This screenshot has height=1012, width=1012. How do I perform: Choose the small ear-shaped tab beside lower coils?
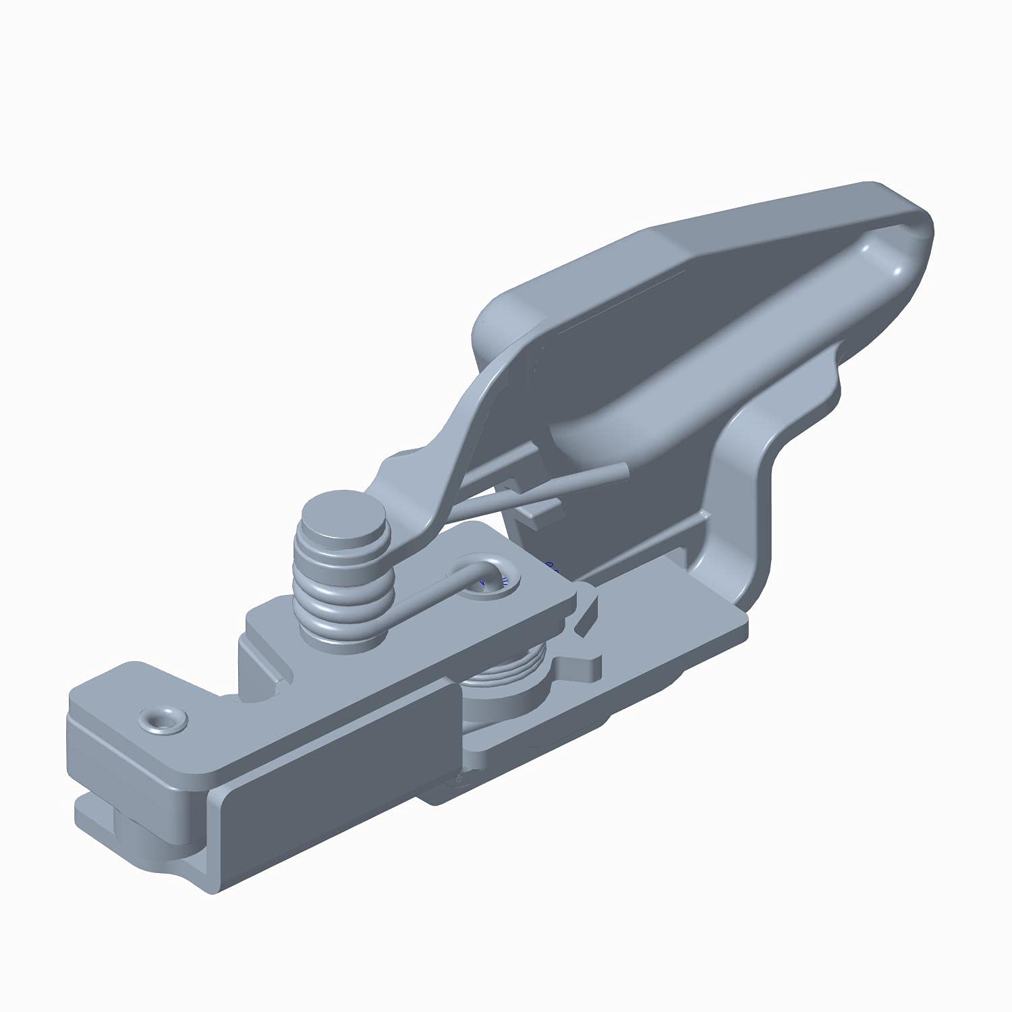click(580, 668)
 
